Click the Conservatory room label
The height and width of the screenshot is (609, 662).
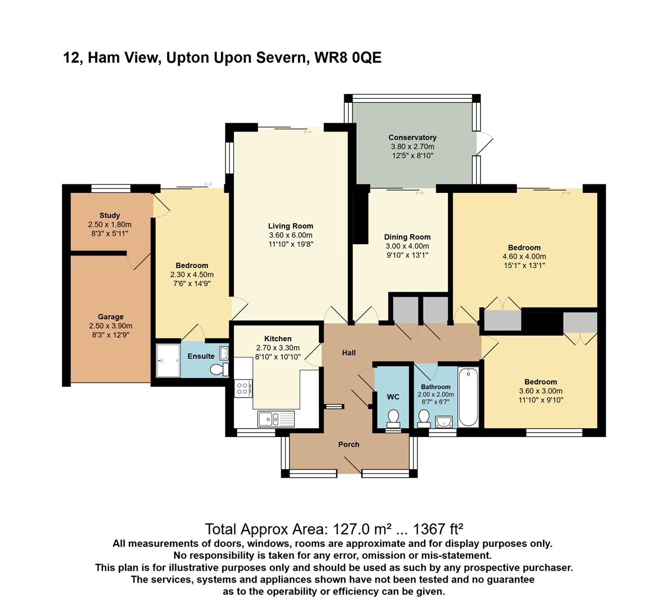point(412,138)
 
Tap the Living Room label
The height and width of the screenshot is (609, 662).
point(291,226)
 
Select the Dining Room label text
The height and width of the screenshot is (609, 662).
point(407,237)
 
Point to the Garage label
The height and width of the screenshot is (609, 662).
point(110,316)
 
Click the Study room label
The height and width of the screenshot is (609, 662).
point(110,215)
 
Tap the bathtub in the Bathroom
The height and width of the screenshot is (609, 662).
point(468,396)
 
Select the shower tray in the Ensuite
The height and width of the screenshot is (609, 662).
point(168,360)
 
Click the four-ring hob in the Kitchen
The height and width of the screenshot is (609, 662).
point(243,389)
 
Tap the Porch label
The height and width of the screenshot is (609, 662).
point(349,444)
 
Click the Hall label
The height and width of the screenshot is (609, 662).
point(349,353)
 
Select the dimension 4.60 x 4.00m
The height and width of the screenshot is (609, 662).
point(525,257)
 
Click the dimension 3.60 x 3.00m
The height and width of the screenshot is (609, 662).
point(541,391)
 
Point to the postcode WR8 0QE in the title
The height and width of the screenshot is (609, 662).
point(348,58)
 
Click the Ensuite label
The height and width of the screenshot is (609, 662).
point(201,356)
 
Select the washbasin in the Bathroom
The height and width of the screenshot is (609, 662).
point(444,421)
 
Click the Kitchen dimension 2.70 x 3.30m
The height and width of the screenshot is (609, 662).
point(278,348)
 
